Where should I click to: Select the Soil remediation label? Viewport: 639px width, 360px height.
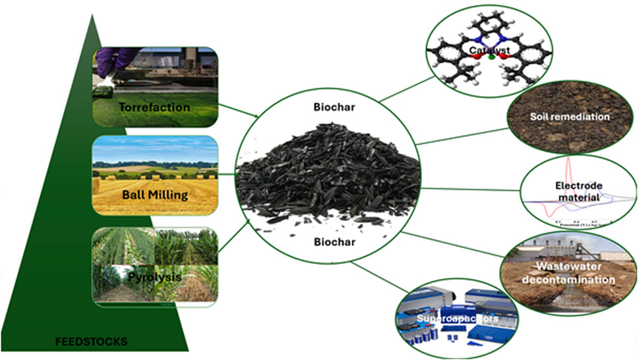569,117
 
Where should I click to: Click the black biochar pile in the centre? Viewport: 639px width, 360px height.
328,172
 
